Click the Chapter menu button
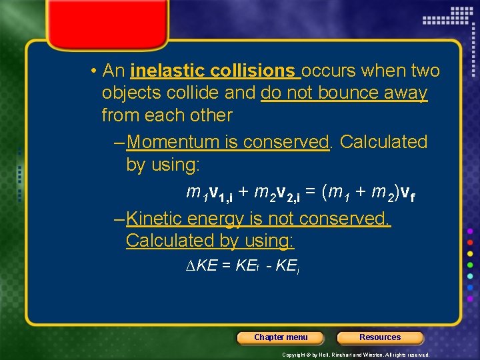tap(281, 337)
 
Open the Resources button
tap(380, 337)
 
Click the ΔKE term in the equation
tap(200, 265)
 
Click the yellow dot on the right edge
tap(471, 253)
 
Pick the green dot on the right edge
tap(471, 265)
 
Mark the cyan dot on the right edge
tap(471, 276)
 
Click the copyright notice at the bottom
tap(356, 355)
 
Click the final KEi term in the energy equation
tap(286, 266)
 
